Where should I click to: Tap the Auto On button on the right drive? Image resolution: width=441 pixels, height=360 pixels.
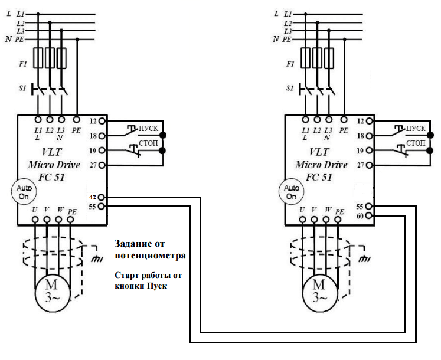tap(290, 190)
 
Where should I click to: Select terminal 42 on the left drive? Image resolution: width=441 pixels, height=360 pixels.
tap(102, 197)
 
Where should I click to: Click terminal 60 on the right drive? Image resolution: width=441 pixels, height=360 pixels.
tap(370, 215)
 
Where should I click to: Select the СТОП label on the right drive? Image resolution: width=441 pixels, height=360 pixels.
tap(415, 143)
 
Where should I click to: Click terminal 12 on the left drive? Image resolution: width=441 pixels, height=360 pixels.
tap(102, 121)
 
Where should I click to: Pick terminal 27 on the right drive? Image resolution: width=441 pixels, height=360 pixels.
tap(370, 166)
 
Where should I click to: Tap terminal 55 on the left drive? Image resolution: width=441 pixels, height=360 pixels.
tap(102, 206)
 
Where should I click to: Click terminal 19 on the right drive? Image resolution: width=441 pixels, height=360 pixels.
tap(370, 151)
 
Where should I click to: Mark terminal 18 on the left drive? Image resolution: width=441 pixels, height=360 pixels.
tap(102, 136)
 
